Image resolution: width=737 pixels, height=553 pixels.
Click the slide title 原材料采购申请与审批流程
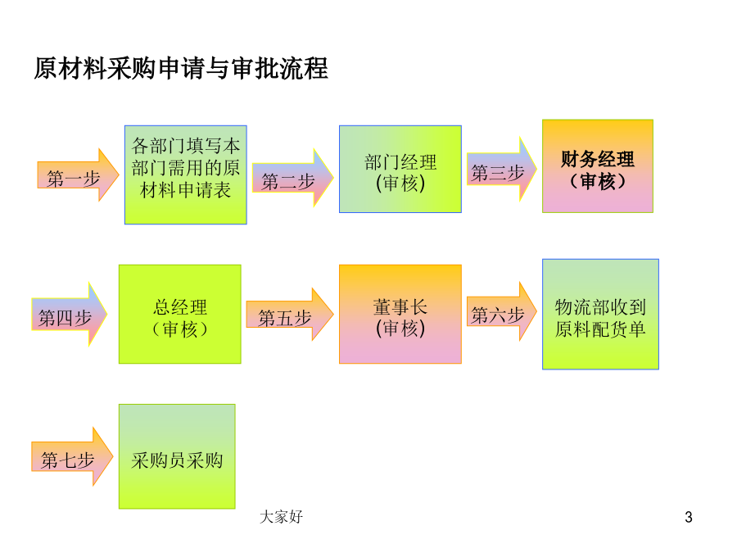[x=181, y=69]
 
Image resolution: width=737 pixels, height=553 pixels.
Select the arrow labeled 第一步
[x=78, y=175]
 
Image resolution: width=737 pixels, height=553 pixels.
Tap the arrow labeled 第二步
[x=293, y=178]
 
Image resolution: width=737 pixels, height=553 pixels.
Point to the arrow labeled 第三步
[x=502, y=170]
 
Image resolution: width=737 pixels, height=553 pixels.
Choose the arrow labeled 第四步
[x=69, y=314]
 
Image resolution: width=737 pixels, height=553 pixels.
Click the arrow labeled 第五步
[x=290, y=314]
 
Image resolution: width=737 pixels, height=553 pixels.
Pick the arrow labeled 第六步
[x=502, y=311]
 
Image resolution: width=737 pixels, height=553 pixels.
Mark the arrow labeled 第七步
[x=72, y=456]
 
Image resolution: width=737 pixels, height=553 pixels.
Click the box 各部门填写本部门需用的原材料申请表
[x=186, y=175]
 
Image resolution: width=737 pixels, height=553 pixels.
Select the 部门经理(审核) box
[x=400, y=170]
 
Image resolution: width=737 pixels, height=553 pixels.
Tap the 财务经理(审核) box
[x=598, y=166]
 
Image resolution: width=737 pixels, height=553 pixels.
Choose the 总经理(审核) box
[x=180, y=314]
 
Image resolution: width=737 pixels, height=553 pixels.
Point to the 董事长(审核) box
[x=400, y=314]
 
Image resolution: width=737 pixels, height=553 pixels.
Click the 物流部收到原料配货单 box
[x=601, y=314]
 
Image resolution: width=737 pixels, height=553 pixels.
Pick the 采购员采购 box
[x=177, y=456]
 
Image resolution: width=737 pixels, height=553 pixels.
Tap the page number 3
[x=689, y=517]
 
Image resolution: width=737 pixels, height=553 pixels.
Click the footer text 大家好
[x=281, y=517]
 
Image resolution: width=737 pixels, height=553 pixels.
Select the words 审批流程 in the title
[x=280, y=69]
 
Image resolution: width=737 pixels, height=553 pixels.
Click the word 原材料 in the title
[x=70, y=69]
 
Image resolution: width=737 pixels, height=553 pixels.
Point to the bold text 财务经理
[x=598, y=160]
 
